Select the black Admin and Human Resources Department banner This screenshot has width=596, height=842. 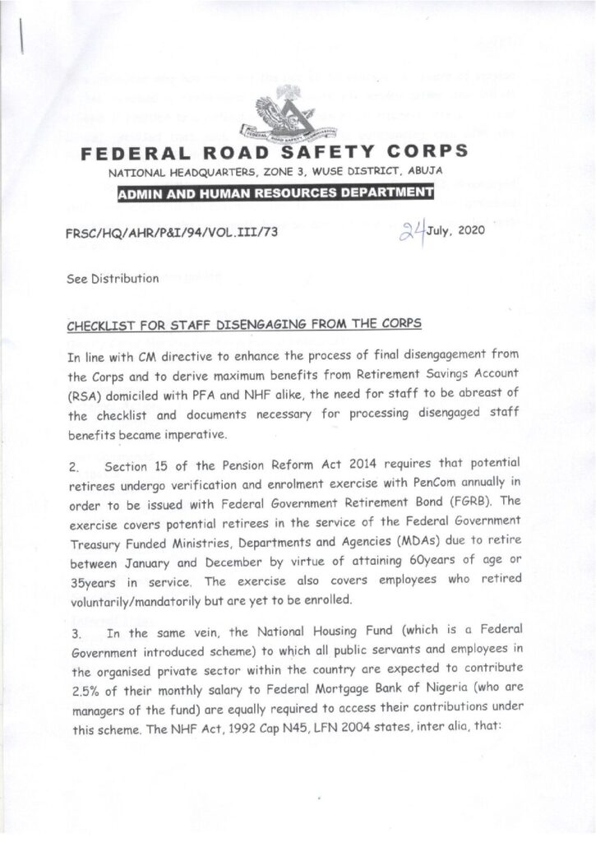tap(275, 194)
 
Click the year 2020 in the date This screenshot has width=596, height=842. tap(471, 230)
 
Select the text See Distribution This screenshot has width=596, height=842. tap(113, 278)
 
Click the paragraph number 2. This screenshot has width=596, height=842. tap(72, 467)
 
